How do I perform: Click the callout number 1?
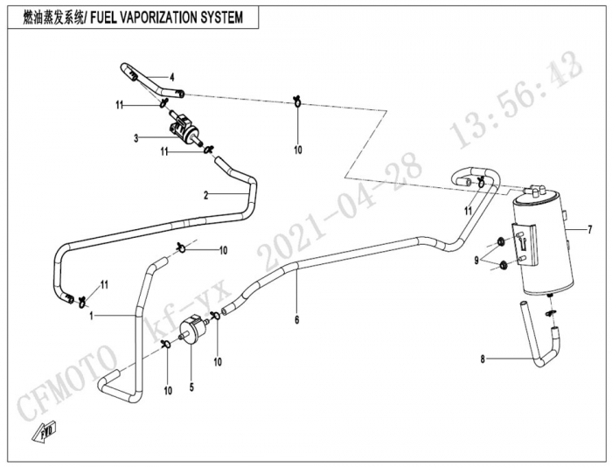pyautogui.click(x=92, y=314)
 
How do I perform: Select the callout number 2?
pyautogui.click(x=206, y=194)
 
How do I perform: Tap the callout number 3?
pyautogui.click(x=136, y=137)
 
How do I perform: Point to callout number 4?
pyautogui.click(x=172, y=76)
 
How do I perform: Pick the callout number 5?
pyautogui.click(x=191, y=382)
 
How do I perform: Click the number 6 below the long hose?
pyautogui.click(x=297, y=321)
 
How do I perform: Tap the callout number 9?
pyautogui.click(x=478, y=260)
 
